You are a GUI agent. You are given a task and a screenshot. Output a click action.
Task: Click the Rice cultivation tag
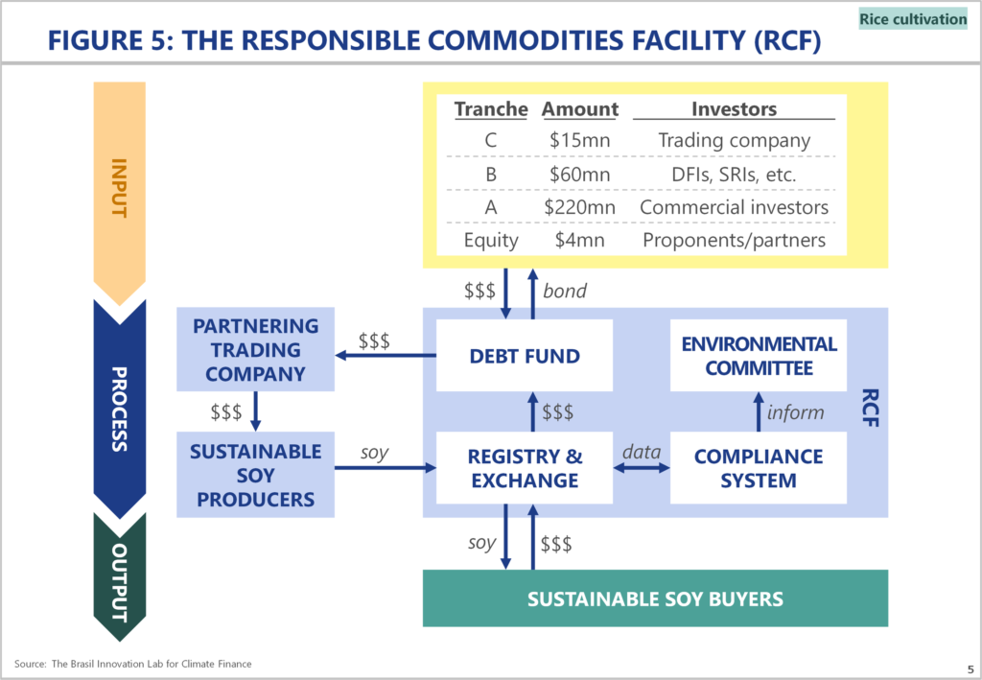(913, 19)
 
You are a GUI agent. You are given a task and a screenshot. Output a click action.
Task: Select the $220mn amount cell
(579, 207)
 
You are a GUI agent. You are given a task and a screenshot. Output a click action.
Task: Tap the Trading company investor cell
(734, 141)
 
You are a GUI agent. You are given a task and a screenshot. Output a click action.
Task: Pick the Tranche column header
(491, 109)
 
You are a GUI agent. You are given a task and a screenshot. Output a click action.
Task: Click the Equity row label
(491, 241)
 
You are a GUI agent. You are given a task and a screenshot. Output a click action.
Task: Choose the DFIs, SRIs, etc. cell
(734, 174)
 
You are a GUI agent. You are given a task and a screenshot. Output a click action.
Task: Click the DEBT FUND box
(525, 356)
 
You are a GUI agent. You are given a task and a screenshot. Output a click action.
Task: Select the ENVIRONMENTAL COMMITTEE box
(759, 356)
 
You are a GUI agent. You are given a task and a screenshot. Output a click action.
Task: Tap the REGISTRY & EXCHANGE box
(525, 468)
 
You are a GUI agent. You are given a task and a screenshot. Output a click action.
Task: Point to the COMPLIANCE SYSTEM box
(759, 468)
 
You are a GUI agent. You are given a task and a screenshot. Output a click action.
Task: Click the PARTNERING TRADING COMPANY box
(255, 349)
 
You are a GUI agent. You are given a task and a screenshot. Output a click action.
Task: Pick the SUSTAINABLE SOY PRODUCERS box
(255, 475)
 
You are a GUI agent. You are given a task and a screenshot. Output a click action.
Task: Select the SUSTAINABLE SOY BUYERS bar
(655, 598)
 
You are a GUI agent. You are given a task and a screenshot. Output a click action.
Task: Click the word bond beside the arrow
(564, 292)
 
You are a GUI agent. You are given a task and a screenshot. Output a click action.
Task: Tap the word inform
(795, 412)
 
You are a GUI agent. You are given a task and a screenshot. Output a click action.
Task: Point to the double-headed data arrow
(642, 468)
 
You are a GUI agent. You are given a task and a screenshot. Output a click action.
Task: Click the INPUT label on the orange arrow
(119, 188)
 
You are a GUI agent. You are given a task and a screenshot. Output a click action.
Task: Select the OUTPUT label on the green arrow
(119, 582)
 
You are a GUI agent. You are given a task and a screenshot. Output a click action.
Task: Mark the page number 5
(970, 669)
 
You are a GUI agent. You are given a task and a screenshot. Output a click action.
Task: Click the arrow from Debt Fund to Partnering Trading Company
(386, 356)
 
